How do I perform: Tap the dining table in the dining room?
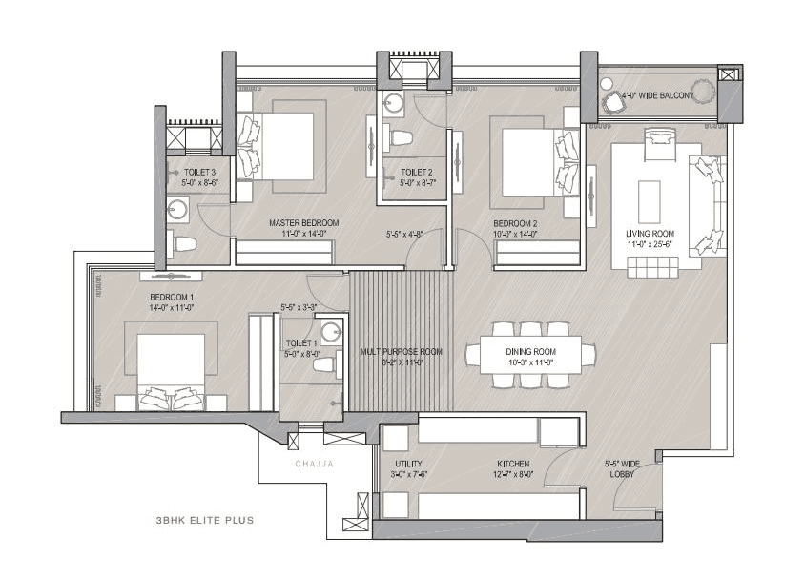530,356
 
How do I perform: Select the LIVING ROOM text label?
650,234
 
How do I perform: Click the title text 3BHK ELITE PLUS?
204,522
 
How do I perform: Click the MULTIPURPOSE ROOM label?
401,351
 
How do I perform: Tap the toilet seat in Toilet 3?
183,244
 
